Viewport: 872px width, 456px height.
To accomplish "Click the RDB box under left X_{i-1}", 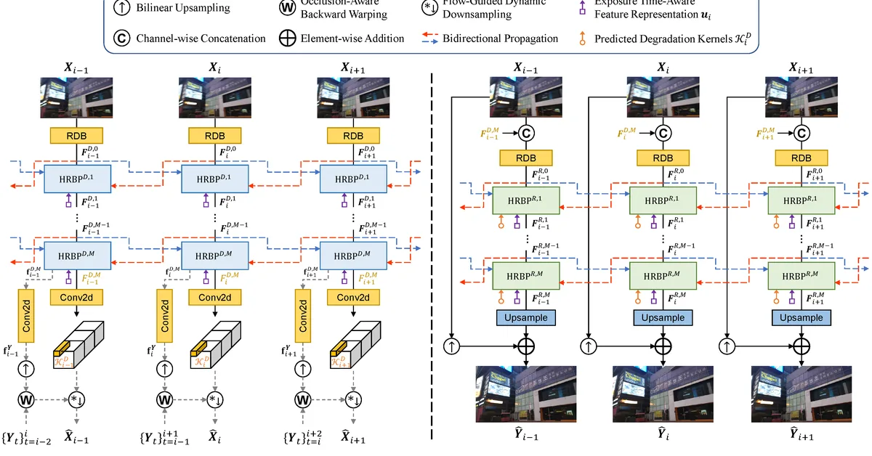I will pyautogui.click(x=77, y=135).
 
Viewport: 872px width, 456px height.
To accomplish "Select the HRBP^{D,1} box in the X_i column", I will pyautogui.click(x=215, y=179).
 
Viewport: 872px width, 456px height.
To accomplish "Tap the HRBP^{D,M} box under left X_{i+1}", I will pyautogui.click(x=353, y=255).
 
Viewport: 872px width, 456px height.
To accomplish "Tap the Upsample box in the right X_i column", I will pyautogui.click(x=663, y=317).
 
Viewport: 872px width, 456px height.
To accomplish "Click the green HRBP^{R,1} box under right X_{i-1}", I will pyautogui.click(x=526, y=199).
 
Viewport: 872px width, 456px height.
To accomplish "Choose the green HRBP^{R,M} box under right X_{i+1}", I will pyautogui.click(x=801, y=275).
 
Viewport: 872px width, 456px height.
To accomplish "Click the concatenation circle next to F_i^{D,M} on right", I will pyautogui.click(x=663, y=133).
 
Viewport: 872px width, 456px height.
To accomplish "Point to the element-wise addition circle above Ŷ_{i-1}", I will pyautogui.click(x=526, y=346).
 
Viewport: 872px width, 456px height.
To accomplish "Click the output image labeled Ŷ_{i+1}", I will pyautogui.click(x=801, y=392).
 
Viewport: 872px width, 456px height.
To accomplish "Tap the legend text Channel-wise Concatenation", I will pyautogui.click(x=201, y=38).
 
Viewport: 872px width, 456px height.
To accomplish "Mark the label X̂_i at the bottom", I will pyautogui.click(x=215, y=437).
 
